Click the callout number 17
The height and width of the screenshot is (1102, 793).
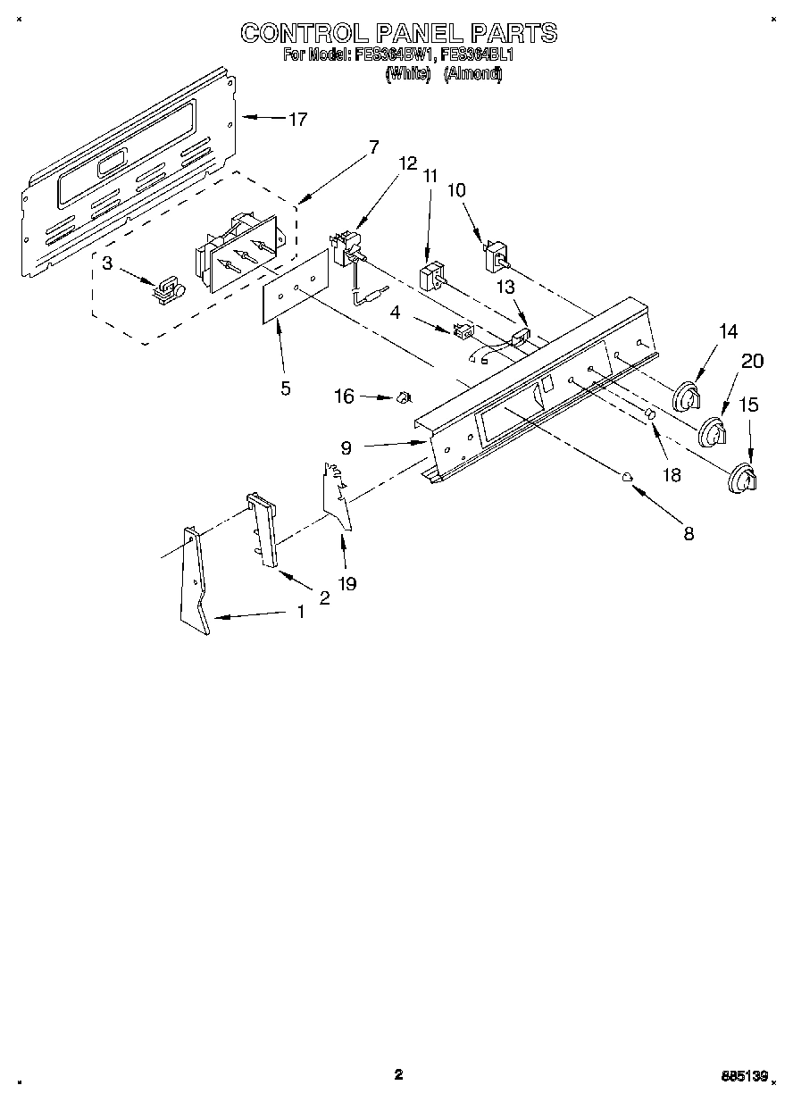pos(296,119)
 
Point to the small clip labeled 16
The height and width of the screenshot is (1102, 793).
pos(402,396)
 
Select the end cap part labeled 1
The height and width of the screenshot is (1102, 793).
pos(195,580)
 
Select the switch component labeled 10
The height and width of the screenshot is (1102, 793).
pos(494,255)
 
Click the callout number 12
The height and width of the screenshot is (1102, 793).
pos(407,163)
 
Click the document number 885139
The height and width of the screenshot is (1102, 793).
pos(746,1077)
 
